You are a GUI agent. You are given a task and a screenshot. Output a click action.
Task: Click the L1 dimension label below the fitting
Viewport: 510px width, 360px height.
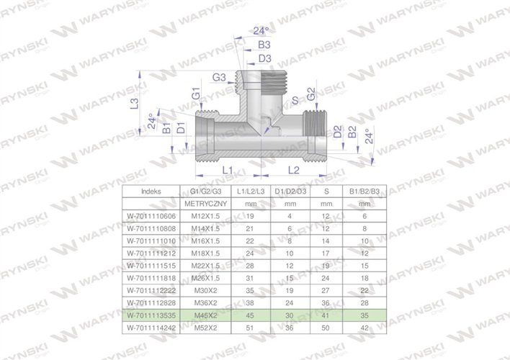(225, 169)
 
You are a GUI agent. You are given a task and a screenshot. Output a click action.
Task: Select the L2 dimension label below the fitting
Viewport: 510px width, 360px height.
(294, 169)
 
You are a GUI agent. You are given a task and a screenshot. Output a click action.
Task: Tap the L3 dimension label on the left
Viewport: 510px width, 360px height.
(134, 104)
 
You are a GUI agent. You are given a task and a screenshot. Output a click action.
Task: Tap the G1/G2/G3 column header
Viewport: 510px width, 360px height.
(206, 192)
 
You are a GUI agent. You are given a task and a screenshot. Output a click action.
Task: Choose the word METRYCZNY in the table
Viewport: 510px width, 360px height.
(206, 204)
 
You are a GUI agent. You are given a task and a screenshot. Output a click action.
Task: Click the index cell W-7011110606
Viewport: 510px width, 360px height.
(152, 215)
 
